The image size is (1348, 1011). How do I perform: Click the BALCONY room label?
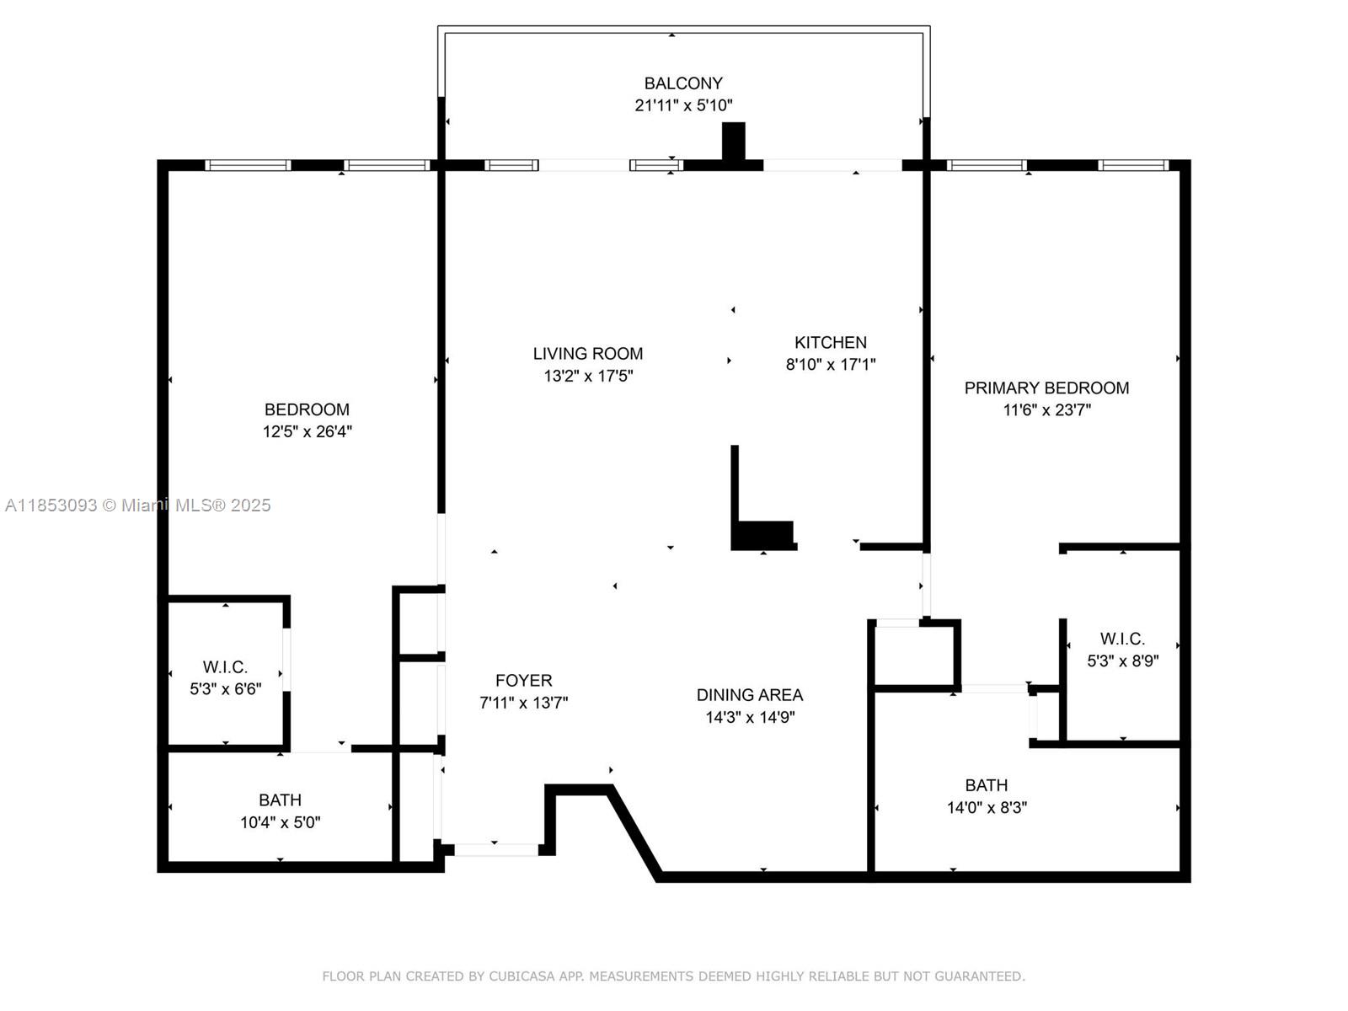tap(683, 83)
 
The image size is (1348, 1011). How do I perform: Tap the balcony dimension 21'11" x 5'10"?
tap(683, 106)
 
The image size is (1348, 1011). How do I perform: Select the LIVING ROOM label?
tap(587, 354)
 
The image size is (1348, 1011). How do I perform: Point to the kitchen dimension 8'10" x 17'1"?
tap(830, 365)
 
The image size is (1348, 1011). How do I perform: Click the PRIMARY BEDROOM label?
tap(1046, 388)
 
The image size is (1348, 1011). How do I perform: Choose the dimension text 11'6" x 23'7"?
tap(1046, 410)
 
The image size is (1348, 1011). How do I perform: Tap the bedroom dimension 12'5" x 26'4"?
tap(307, 432)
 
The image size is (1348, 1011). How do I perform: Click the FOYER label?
tap(523, 681)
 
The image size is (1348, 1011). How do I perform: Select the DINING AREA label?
tap(749, 695)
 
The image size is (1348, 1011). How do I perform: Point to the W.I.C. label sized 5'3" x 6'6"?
tap(225, 667)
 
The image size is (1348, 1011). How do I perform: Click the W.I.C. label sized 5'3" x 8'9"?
tap(1122, 639)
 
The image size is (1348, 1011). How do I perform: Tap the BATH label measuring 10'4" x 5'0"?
tap(280, 800)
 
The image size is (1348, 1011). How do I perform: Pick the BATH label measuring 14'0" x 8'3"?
tap(986, 785)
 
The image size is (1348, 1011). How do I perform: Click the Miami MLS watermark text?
tap(137, 505)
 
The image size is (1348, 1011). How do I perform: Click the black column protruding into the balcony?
tap(734, 142)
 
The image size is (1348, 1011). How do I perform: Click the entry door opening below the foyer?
tap(495, 849)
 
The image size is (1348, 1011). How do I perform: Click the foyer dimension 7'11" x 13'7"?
tap(523, 703)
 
